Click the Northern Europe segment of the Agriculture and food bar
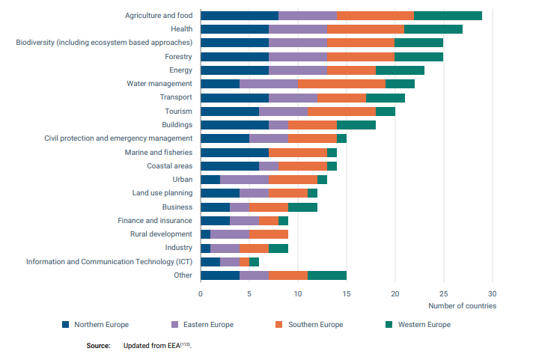coord(240,15)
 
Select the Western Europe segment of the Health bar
coord(433,28)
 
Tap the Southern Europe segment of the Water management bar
coord(341,83)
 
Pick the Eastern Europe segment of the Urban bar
coord(245,180)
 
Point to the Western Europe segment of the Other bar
coord(327,275)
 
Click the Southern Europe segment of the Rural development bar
coord(269,234)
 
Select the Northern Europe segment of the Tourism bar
coord(230,111)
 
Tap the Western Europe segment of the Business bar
coord(302,207)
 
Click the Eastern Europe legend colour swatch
coord(174,324)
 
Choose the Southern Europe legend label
coord(315,324)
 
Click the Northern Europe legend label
coord(101,324)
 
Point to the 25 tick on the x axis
coord(443,294)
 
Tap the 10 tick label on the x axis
coord(298,294)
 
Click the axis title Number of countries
coord(462,305)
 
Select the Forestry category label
coord(178,56)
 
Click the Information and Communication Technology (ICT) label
coord(109,261)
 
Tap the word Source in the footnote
coord(98,345)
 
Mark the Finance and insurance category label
coord(155,220)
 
